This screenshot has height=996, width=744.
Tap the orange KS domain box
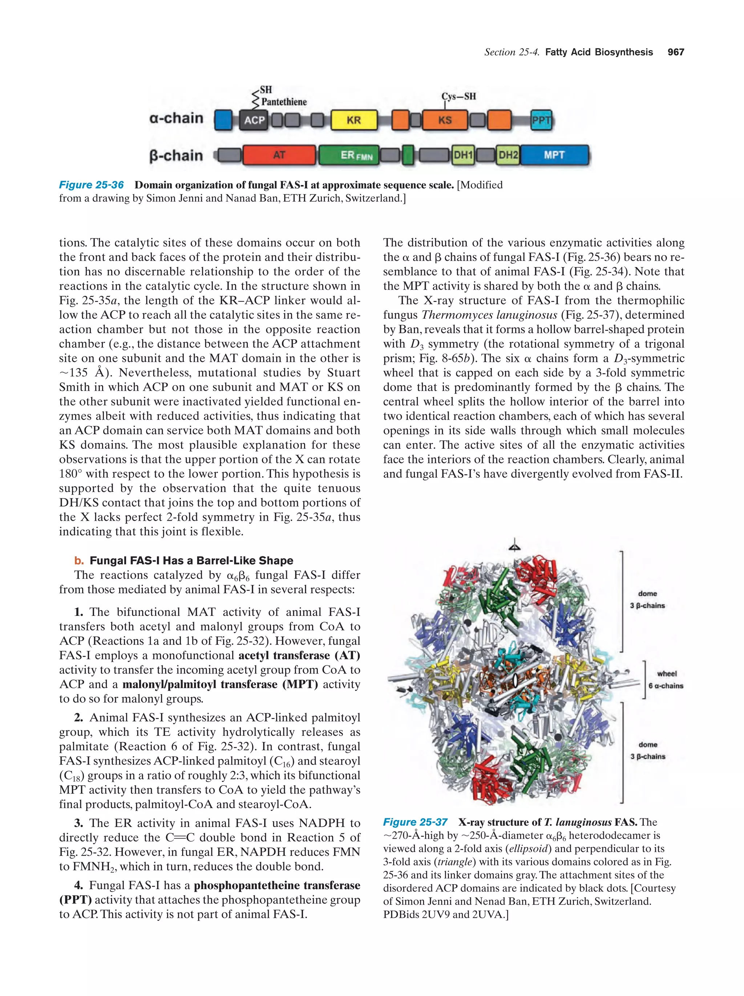coord(444,120)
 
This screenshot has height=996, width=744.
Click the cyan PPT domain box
coord(541,120)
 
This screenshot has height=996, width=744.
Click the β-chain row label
coord(176,156)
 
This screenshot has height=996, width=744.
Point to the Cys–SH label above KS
coord(458,96)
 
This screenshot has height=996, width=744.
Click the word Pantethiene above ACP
coord(284,102)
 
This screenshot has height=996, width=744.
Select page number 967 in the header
coord(676,52)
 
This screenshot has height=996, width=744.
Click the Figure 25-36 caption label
coord(92,185)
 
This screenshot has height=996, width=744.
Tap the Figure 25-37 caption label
coord(415,822)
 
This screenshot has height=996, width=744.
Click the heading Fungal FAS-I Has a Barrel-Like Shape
coord(191,561)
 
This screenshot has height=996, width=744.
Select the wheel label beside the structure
coord(667,674)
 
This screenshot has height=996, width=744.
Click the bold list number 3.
coord(79,823)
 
